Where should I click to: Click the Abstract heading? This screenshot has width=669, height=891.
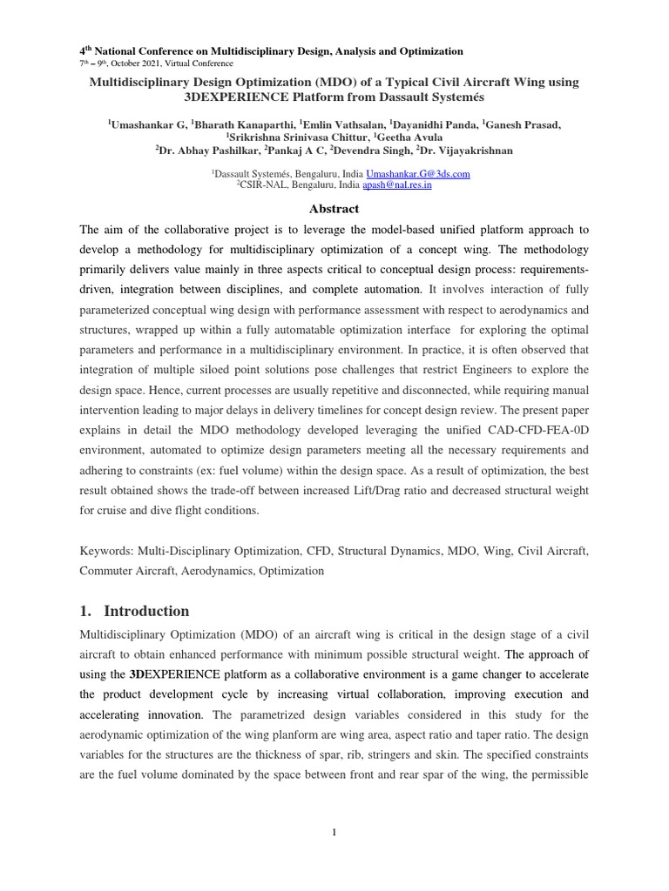[x=334, y=209]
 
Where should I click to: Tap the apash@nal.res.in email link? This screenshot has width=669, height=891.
[x=397, y=185]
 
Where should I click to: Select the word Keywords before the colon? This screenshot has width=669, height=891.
[x=105, y=552]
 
